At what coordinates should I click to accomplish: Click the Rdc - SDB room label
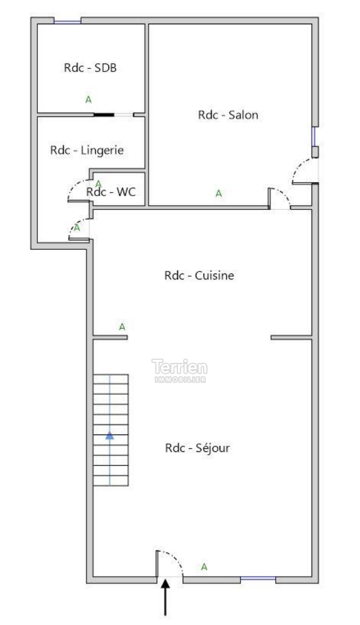click(x=90, y=68)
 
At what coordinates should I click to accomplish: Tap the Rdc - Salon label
click(x=228, y=115)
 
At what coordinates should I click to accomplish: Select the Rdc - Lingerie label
click(x=87, y=150)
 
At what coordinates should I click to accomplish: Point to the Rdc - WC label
click(x=111, y=191)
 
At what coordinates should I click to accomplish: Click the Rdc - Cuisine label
click(x=199, y=276)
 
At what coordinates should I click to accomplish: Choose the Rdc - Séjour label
click(x=197, y=448)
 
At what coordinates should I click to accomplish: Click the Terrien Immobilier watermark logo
click(x=179, y=371)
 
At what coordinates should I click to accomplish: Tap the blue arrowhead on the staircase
click(x=109, y=436)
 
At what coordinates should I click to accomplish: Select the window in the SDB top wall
click(x=67, y=21)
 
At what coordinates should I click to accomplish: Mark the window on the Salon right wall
click(x=314, y=137)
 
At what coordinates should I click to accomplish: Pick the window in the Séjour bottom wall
click(x=258, y=578)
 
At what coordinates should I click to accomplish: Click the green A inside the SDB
click(x=88, y=99)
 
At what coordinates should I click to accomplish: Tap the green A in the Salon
click(x=218, y=194)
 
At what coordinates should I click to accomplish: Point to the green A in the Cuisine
click(x=122, y=327)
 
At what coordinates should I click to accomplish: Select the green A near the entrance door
click(x=204, y=567)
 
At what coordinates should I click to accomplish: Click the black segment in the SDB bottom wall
click(x=104, y=115)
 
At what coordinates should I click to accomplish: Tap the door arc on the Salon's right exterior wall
click(x=298, y=167)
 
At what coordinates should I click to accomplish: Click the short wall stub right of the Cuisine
click(x=291, y=338)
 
